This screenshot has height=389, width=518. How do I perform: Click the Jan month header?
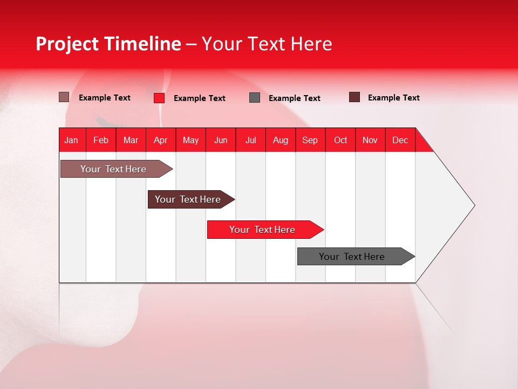71,140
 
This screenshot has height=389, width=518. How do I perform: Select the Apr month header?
160,140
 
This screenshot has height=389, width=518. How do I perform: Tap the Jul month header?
250,140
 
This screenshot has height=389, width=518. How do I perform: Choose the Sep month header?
310,140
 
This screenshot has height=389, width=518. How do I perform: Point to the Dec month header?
400,140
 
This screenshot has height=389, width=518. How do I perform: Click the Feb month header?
101,140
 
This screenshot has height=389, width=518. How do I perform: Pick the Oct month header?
340,140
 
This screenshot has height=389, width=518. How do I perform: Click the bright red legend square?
159,98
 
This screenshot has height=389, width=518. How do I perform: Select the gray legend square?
255,98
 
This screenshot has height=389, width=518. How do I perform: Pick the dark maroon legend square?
355,97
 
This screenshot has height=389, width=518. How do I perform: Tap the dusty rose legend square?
64,97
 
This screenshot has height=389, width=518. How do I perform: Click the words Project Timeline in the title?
108,44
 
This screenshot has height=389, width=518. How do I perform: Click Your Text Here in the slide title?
267,44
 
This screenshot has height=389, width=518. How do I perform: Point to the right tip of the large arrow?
473,205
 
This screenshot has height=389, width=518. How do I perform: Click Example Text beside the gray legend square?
294,98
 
